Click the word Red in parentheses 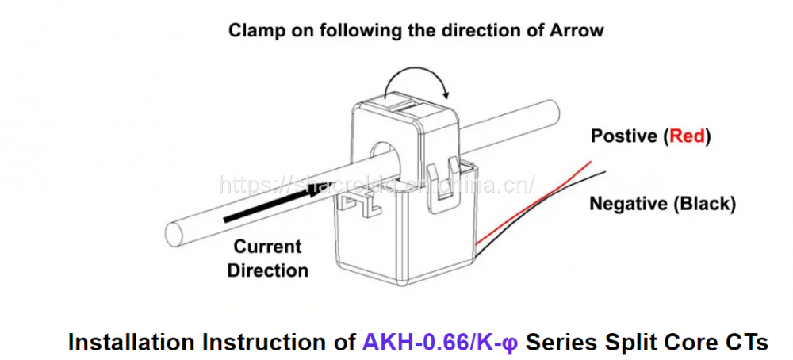tap(687, 136)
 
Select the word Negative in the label tap(627, 204)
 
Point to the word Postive tap(623, 136)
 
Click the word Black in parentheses tap(704, 204)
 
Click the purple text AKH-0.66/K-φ tap(439, 343)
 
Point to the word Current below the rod tap(267, 247)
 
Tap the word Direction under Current tap(267, 270)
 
